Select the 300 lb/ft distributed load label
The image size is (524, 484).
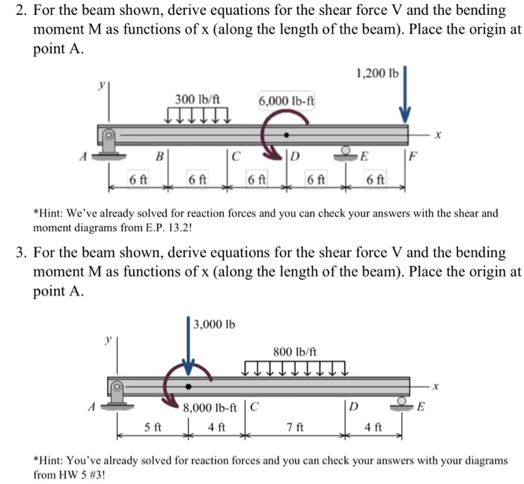pyautogui.click(x=197, y=99)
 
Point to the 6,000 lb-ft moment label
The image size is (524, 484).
pyautogui.click(x=285, y=100)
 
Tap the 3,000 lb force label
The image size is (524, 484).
pyautogui.click(x=214, y=324)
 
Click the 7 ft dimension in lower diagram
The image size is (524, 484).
pyautogui.click(x=294, y=428)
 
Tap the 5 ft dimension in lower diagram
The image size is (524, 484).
pyautogui.click(x=152, y=428)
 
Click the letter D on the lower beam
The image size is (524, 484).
pyautogui.click(x=352, y=408)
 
